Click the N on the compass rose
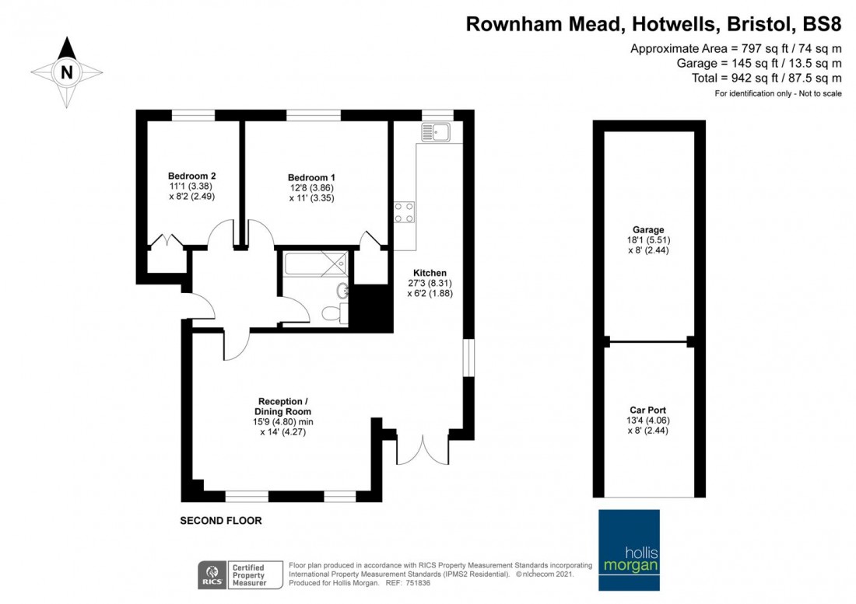[x=67, y=72]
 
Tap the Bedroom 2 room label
[x=191, y=176]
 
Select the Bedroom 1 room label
[x=311, y=178]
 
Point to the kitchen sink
[x=436, y=132]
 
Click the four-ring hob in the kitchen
[x=404, y=212]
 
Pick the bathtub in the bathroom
[x=315, y=264]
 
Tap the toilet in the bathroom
[x=335, y=313]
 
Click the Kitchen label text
[x=430, y=273]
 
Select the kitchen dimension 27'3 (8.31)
[x=430, y=284]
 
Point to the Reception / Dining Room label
[x=282, y=407]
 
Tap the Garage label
[x=648, y=230]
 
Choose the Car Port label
[x=648, y=410]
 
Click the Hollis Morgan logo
[x=629, y=550]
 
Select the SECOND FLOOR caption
[x=221, y=521]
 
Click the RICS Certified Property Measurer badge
[x=240, y=575]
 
